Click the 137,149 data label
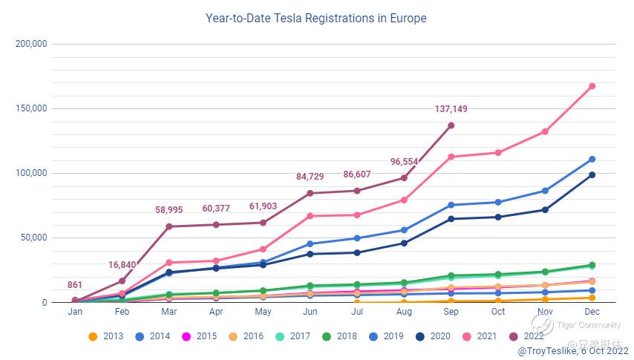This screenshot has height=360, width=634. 451,110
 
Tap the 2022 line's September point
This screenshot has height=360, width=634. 451,125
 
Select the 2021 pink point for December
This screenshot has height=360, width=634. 592,86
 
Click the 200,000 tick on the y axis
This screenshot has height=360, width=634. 31,44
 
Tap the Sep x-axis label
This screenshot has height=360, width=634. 451,312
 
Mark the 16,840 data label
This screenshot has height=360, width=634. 122,265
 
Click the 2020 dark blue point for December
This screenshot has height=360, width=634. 592,175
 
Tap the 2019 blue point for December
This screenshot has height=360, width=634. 592,160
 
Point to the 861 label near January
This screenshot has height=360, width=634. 75,285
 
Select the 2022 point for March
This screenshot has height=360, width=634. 169,226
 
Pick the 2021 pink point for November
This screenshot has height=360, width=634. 545,131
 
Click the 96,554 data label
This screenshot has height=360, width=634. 404,162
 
